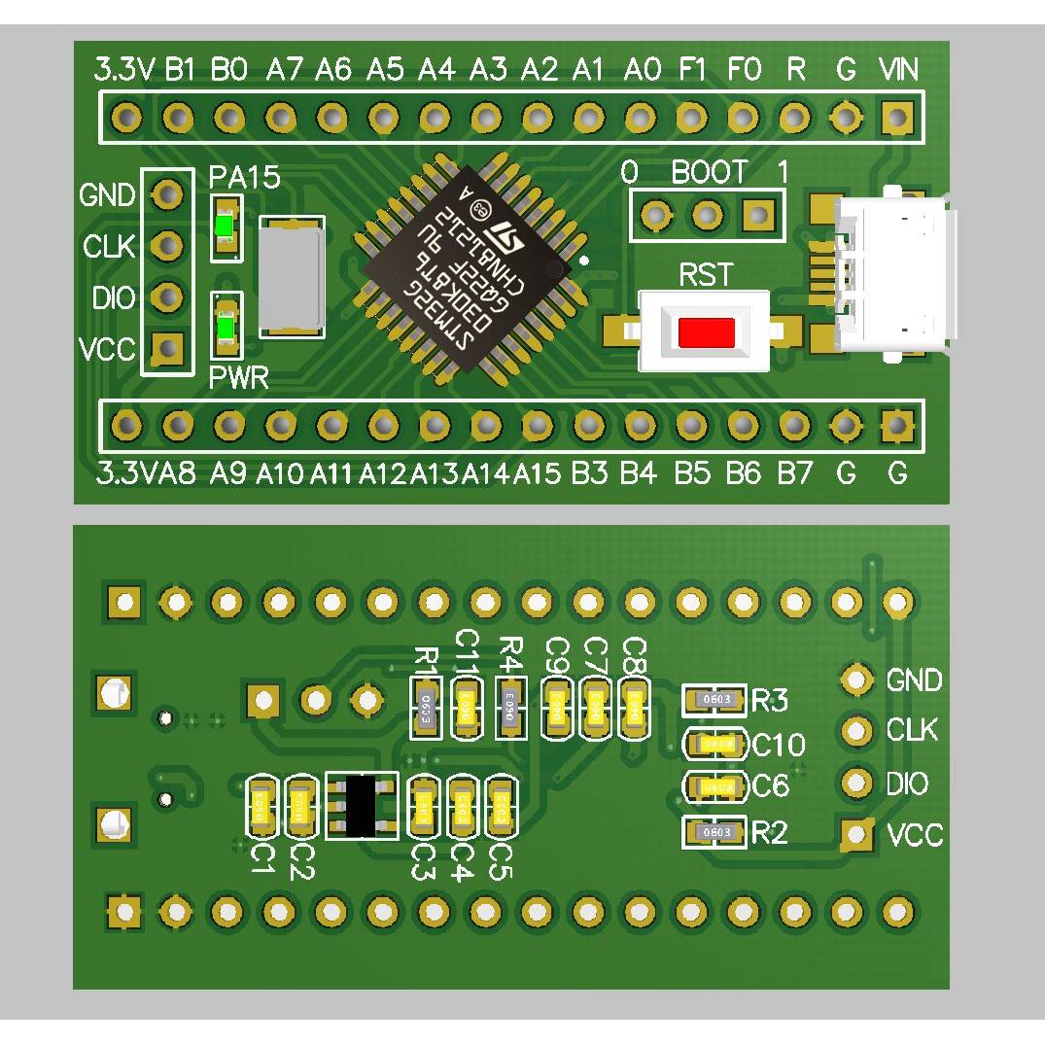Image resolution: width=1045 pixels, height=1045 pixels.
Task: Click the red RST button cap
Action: coord(706,332)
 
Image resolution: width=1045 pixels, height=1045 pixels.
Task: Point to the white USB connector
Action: coord(892,273)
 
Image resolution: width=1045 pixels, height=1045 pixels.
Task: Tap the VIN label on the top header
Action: coord(897,70)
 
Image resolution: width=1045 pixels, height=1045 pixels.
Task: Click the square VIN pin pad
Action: coord(896,119)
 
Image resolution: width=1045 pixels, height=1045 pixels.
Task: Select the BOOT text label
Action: coord(709,173)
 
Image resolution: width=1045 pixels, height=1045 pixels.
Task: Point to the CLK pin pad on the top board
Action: coord(168,246)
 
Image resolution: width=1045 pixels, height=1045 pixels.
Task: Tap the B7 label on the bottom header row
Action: coord(794,473)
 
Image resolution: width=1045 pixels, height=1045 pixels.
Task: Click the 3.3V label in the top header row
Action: coord(124,70)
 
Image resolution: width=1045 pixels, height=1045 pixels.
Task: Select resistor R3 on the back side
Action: coord(715,699)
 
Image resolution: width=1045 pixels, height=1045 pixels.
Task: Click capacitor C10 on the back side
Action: coord(716,744)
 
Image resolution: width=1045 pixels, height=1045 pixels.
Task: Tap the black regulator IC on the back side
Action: coord(362,805)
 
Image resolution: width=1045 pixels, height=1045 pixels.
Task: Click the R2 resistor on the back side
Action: coord(715,832)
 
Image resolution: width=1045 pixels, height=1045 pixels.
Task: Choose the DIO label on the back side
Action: coord(907,784)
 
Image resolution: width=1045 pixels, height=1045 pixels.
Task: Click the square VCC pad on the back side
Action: coord(856,834)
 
